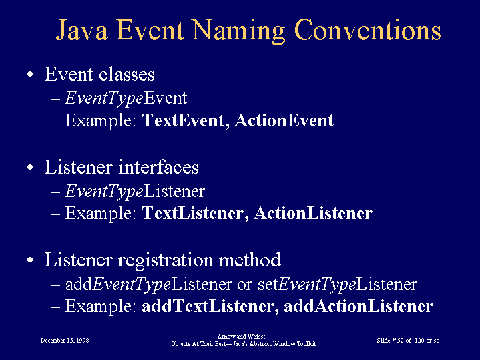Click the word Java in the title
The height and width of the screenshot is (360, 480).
(81, 30)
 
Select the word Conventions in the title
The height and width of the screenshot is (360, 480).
(368, 29)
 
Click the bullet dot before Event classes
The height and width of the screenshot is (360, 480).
(30, 74)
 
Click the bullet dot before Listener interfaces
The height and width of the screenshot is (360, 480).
(30, 168)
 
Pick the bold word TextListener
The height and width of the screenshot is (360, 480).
(196, 213)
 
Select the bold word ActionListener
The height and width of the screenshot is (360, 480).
(313, 213)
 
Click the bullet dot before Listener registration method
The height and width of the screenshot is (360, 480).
(30, 260)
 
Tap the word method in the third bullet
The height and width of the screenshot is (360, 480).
(250, 260)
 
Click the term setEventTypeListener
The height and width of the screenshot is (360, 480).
(337, 285)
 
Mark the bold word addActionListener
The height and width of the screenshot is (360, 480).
(358, 306)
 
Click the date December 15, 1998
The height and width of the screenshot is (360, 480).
(65, 341)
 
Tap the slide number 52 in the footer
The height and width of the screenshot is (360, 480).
(400, 341)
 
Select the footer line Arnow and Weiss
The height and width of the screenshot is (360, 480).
(242, 337)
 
